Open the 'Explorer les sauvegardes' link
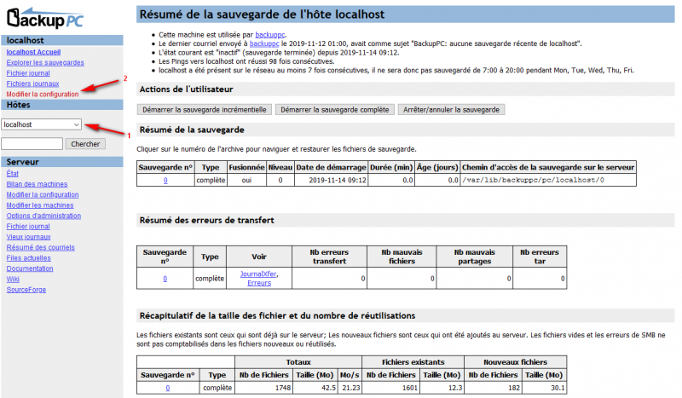point(44,62)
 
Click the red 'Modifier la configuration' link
point(42,94)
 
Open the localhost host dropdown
point(42,124)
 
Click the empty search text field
point(32,144)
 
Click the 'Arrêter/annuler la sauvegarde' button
point(451,109)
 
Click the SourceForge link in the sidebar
point(27,290)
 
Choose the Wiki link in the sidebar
point(13,279)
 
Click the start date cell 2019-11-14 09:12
point(331,181)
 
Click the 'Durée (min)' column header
point(392,167)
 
